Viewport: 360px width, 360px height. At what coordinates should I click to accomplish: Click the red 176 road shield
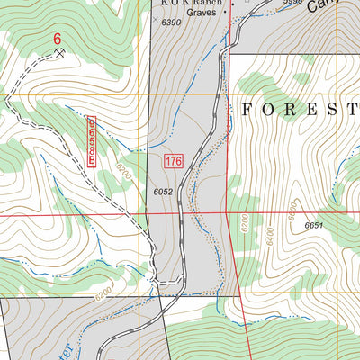(x=174, y=162)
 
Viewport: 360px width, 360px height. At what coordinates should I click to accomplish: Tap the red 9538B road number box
(x=94, y=139)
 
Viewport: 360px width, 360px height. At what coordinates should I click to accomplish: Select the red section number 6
(x=58, y=39)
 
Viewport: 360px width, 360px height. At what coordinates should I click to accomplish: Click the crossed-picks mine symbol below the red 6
(x=59, y=53)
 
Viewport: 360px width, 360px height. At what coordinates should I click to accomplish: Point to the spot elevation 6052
(x=163, y=192)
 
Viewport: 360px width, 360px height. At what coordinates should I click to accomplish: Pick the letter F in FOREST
(x=246, y=110)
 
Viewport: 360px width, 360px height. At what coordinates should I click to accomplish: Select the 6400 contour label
(x=293, y=211)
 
